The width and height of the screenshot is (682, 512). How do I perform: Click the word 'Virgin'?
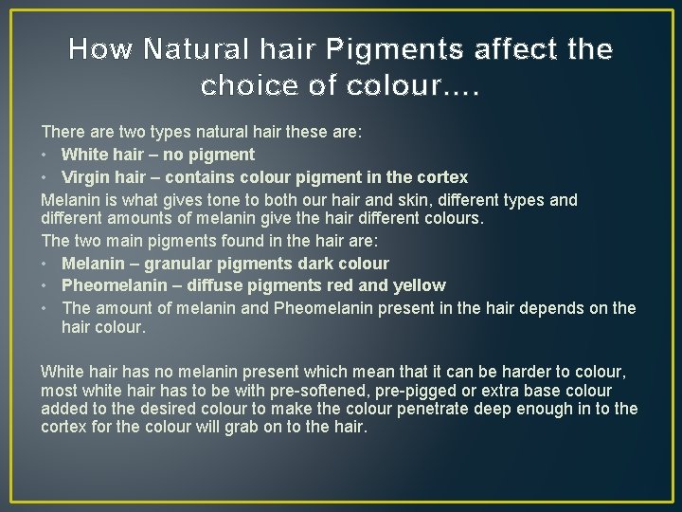point(84,177)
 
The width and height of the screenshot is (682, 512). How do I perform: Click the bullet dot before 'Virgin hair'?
point(45,177)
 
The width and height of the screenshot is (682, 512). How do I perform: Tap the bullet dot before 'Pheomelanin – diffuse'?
point(45,285)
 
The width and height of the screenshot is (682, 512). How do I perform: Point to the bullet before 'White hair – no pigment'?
point(45,155)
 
